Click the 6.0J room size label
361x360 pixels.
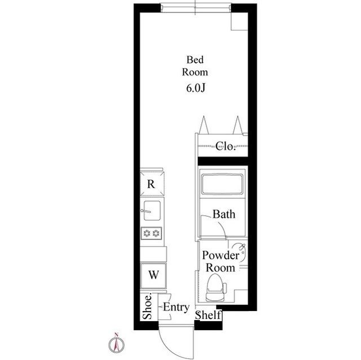click(196, 88)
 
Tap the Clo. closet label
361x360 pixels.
click(226, 146)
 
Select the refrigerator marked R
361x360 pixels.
click(152, 184)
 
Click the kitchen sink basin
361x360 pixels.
click(152, 210)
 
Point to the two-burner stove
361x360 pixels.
click(152, 233)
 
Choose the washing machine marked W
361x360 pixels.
click(153, 275)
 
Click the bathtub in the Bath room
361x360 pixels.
click(222, 184)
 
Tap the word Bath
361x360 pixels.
click(224, 214)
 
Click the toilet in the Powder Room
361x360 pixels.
click(215, 287)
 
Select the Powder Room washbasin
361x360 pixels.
click(241, 253)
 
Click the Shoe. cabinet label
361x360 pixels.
click(147, 306)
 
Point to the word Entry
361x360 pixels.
click(176, 308)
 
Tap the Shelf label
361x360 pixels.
click(208, 315)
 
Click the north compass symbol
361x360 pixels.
click(117, 344)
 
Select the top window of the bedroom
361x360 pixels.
click(196, 7)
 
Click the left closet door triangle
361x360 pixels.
click(204, 125)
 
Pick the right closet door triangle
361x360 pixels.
click(237, 125)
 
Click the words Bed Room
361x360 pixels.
click(195, 66)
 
